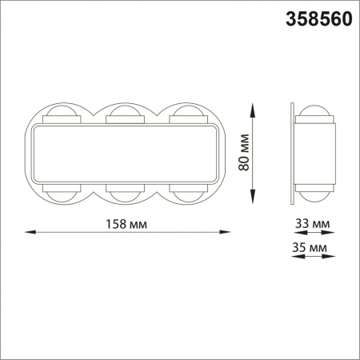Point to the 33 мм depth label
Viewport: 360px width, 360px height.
pos(311,223)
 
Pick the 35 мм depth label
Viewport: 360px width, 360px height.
pos(311,249)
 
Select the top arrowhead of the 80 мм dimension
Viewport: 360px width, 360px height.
pos(254,107)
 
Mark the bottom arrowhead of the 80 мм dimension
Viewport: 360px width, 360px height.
pos(254,201)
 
